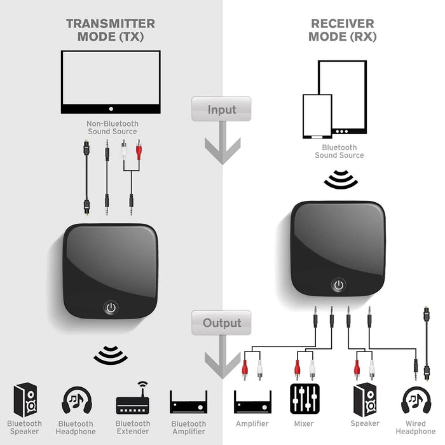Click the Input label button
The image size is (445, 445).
click(221, 109)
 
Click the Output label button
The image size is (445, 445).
click(221, 323)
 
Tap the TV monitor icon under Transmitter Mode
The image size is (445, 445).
click(111, 81)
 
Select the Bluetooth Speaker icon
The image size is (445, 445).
click(25, 399)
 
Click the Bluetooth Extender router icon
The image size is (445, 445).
click(132, 400)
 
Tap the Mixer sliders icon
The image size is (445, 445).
click(303, 399)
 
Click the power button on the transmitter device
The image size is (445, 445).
click(111, 308)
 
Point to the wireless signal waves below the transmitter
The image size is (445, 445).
click(111, 355)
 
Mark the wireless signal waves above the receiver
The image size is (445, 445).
click(341, 180)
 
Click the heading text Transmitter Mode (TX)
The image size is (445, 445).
click(111, 30)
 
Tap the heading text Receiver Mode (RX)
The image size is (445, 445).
click(342, 30)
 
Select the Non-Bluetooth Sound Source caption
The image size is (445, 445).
click(111, 128)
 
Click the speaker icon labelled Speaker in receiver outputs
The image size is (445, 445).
click(365, 399)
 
